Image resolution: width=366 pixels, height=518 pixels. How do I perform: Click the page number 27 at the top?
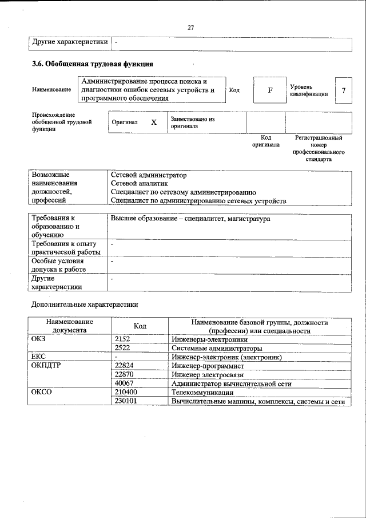(191, 27)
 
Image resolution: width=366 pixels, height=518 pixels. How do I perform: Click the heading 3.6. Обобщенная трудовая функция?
(92, 64)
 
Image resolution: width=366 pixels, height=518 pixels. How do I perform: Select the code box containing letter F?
(269, 90)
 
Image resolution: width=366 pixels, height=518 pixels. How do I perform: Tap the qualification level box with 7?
(343, 90)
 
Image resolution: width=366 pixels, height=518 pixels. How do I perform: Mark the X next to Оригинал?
(153, 122)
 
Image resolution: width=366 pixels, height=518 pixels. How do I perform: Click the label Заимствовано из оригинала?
(192, 122)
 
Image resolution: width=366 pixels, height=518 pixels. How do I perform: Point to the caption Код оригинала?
(266, 141)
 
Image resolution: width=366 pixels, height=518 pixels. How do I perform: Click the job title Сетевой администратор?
(149, 175)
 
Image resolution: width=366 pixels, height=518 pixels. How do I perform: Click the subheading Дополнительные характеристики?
(85, 305)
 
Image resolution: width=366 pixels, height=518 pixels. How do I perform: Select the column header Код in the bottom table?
(140, 326)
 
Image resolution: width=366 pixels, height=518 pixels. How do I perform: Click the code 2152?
(122, 339)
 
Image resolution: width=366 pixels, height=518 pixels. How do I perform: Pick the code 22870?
(124, 374)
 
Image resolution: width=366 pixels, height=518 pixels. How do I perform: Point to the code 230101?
(126, 401)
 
